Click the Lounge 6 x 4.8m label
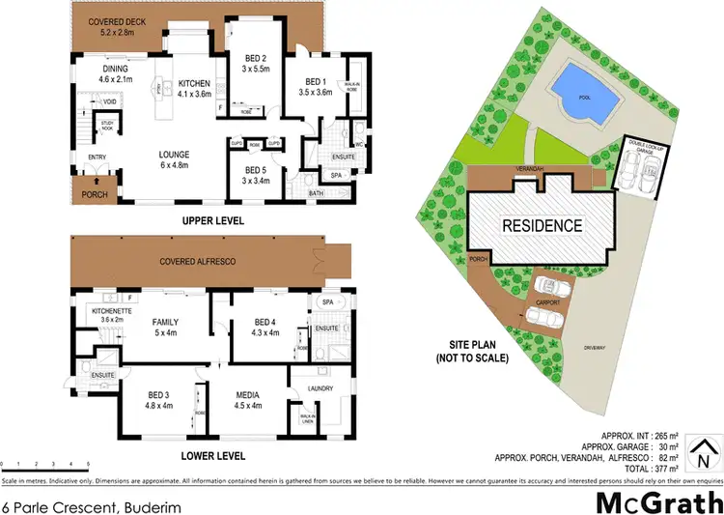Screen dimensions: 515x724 coord(180,159)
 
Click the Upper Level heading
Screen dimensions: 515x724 coord(211,221)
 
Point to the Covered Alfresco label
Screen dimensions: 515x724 coord(198,262)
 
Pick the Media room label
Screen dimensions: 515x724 coord(242,400)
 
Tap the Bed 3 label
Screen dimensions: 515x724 coord(158,400)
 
